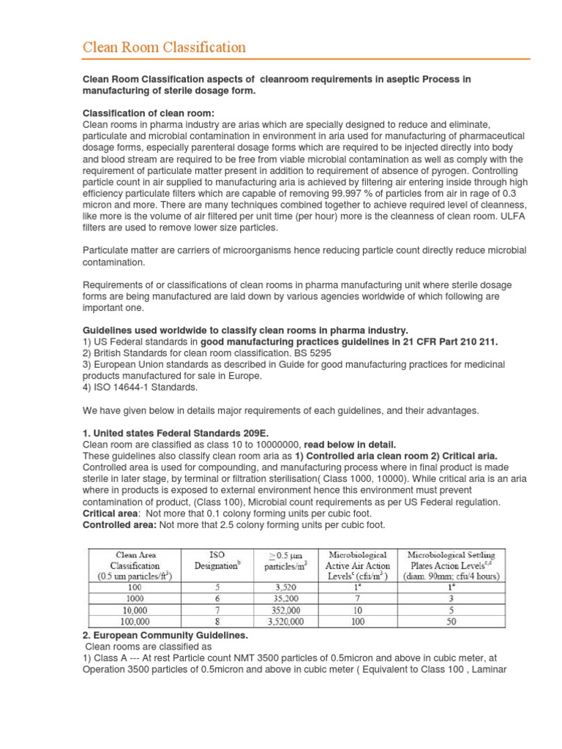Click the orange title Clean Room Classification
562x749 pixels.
(x=163, y=48)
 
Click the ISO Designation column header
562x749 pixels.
(x=217, y=560)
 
